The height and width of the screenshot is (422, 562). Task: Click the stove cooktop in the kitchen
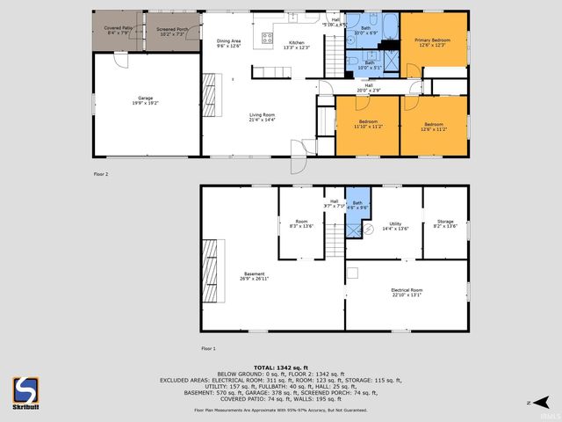point(267,38)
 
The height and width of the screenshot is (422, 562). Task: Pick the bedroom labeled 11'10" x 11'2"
point(368,124)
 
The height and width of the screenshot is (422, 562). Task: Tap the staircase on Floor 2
point(335,53)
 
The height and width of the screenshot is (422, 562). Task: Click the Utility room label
point(394,226)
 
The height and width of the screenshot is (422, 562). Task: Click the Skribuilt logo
point(25,391)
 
